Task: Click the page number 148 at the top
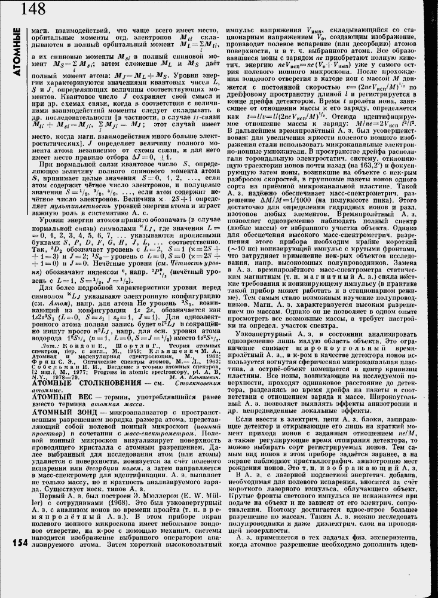point(32,8)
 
